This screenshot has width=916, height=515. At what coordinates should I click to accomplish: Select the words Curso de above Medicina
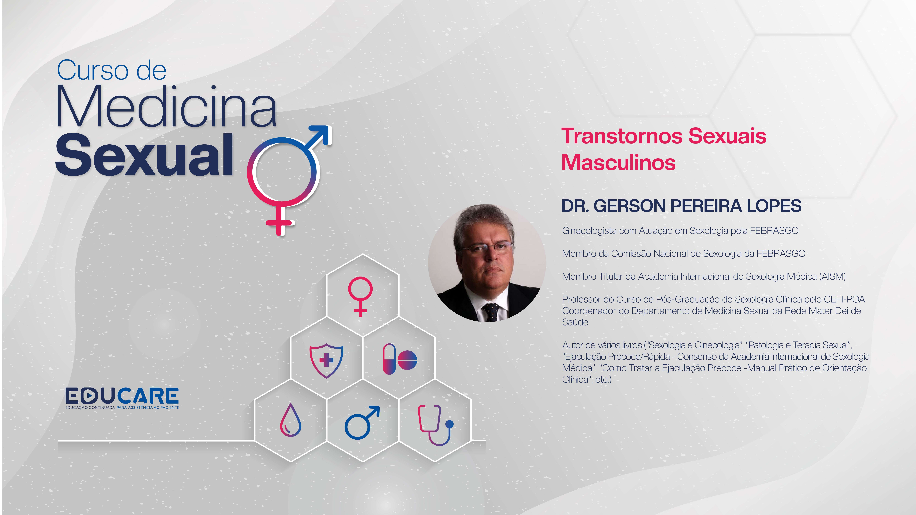tap(112, 70)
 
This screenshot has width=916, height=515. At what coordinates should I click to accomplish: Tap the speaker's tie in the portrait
tap(491, 312)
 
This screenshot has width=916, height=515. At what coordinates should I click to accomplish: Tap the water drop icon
tap(290, 420)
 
